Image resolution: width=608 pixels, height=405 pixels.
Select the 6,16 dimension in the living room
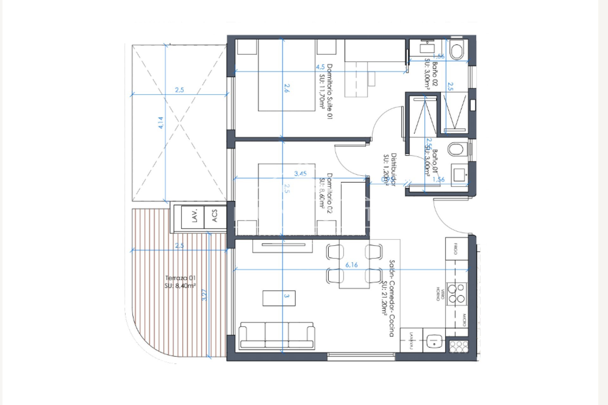[x=351, y=265]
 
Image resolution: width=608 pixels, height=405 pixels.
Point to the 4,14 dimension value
[x=161, y=123]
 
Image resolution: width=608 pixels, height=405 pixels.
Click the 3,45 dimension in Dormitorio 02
[x=300, y=173]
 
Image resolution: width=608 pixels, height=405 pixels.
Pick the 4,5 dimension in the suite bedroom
[x=320, y=67]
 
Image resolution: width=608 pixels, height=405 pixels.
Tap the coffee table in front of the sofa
[x=279, y=298]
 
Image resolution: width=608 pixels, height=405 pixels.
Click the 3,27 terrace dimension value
[x=204, y=295]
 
